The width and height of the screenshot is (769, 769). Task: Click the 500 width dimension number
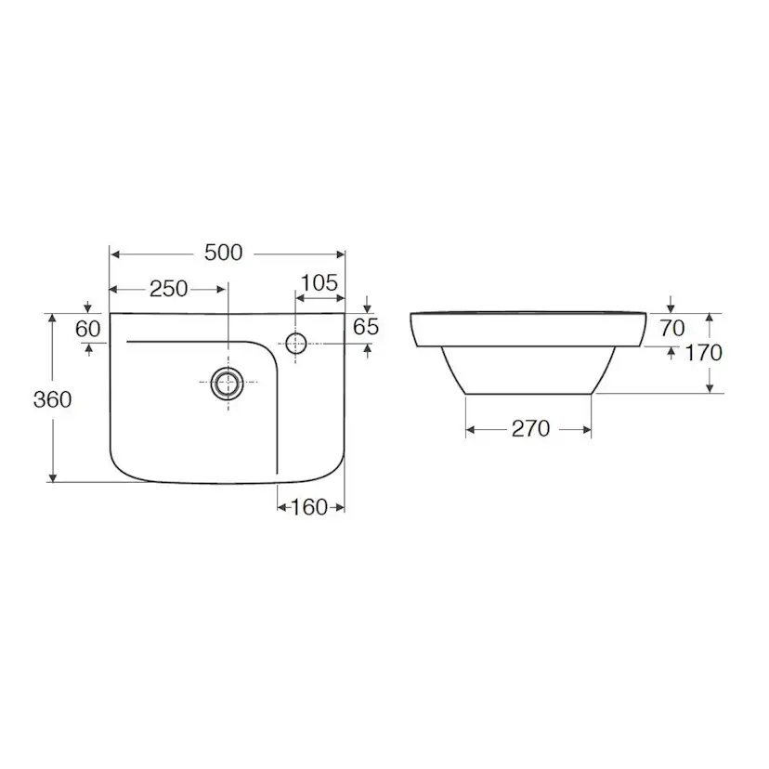pyautogui.click(x=223, y=253)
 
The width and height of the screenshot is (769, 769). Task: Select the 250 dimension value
pyautogui.click(x=169, y=289)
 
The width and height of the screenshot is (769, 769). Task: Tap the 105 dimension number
pyautogui.click(x=319, y=283)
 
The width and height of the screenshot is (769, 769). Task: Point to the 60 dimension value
pyautogui.click(x=88, y=329)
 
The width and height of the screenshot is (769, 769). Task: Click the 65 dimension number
pyautogui.click(x=366, y=327)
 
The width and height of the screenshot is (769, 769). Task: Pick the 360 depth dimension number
pyautogui.click(x=53, y=399)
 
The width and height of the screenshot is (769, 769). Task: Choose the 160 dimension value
pyautogui.click(x=309, y=507)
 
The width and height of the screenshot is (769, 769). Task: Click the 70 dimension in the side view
pyautogui.click(x=671, y=328)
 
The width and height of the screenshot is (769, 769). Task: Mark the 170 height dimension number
pyautogui.click(x=703, y=353)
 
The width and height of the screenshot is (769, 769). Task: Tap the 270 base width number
pyautogui.click(x=530, y=429)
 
